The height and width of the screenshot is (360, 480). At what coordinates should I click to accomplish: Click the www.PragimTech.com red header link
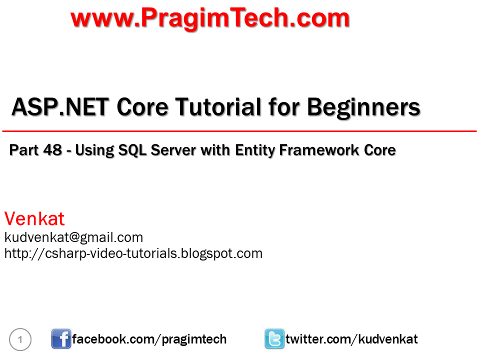click(210, 18)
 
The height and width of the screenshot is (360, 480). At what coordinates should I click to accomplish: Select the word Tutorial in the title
click(218, 107)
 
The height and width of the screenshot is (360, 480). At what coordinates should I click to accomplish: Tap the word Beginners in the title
click(363, 108)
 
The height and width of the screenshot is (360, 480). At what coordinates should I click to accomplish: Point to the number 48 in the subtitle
click(52, 150)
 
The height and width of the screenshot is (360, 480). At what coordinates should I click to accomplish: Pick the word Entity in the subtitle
click(255, 150)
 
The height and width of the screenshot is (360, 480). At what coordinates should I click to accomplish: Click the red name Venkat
click(34, 218)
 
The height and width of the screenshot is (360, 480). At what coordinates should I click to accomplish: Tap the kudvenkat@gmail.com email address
click(74, 237)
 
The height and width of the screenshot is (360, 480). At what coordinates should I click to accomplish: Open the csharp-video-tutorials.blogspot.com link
click(133, 253)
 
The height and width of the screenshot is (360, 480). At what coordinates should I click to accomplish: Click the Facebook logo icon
click(61, 339)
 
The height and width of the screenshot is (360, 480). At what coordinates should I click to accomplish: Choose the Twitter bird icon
click(274, 339)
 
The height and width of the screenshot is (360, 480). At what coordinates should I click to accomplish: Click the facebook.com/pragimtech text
click(149, 339)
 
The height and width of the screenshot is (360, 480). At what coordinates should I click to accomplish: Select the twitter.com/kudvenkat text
click(351, 339)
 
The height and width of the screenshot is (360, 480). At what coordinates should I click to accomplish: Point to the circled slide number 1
click(20, 339)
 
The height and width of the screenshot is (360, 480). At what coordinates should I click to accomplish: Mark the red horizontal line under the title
click(239, 131)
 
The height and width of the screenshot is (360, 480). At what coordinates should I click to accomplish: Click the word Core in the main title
click(142, 107)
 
